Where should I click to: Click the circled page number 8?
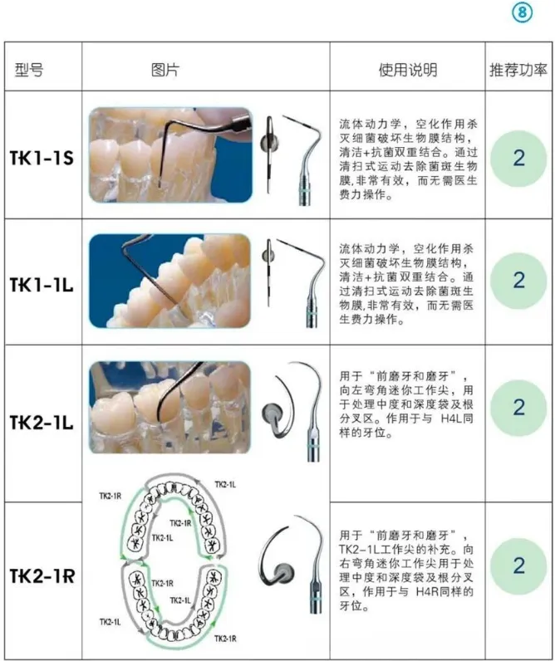tap(522, 12)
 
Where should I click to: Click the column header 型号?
tap(29, 70)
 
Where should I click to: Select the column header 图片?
tap(165, 70)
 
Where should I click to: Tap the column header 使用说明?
tap(407, 70)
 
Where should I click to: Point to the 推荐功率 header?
tap(518, 70)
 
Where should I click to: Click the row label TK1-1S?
tap(42, 158)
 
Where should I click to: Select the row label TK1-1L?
tap(42, 285)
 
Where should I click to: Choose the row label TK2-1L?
tap(42, 423)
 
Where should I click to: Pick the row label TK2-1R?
tap(42, 575)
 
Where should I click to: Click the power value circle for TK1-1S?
tap(518, 159)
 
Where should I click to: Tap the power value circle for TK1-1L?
tap(518, 281)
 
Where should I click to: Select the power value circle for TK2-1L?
tap(518, 408)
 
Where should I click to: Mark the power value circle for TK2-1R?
tap(518, 566)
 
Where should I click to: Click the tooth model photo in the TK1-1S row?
tap(170, 154)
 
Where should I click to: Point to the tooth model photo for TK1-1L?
tap(169, 281)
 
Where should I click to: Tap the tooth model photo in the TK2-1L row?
tap(169, 407)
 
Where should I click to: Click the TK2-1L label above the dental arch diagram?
tap(225, 484)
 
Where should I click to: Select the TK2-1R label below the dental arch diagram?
tap(225, 639)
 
